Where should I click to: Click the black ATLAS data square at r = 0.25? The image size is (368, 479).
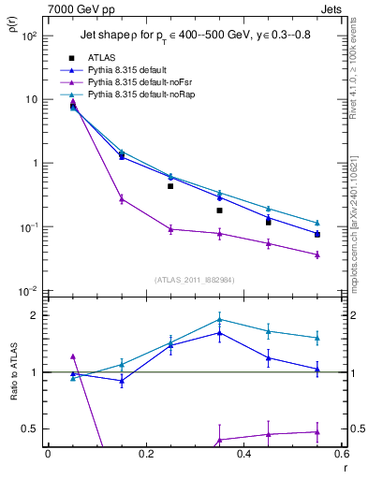[170, 186]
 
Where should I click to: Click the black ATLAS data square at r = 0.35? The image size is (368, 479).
[219, 210]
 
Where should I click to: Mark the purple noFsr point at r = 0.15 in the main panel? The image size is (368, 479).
[121, 198]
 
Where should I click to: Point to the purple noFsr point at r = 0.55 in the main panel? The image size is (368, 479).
[317, 254]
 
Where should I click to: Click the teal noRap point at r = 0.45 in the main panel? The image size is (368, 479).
[269, 209]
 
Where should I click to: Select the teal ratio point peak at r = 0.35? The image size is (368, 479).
[219, 319]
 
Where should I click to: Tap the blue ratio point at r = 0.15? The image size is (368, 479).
[121, 381]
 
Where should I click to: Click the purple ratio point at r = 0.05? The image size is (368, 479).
[73, 356]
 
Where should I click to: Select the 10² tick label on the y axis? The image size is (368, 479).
[30, 36]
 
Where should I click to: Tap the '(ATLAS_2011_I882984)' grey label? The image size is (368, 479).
[195, 280]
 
